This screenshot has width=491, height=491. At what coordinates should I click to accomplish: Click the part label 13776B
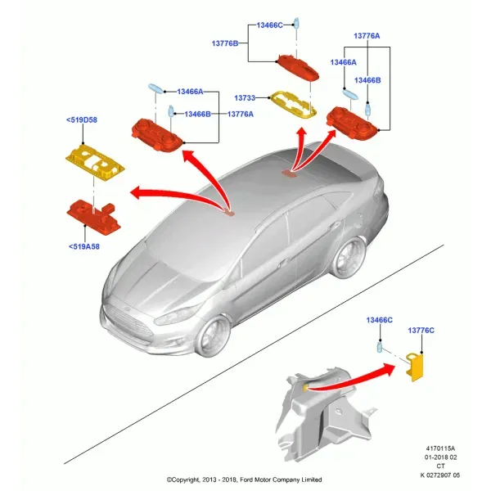click(225, 43)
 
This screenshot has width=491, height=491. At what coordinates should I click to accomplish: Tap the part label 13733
click(245, 98)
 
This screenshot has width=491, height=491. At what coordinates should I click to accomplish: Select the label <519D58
click(82, 120)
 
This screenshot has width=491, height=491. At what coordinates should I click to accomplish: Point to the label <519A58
click(84, 247)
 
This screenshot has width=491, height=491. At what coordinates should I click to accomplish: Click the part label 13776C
click(421, 331)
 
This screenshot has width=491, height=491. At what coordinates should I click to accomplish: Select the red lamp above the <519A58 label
click(94, 216)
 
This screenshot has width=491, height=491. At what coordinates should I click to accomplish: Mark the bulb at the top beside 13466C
click(296, 23)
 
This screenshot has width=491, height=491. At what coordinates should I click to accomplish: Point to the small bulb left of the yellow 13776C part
click(380, 348)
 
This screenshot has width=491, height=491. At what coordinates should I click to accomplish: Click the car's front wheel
click(213, 336)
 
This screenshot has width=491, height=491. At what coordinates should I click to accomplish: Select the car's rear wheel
click(349, 258)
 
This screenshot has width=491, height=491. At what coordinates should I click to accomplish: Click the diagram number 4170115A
click(440, 448)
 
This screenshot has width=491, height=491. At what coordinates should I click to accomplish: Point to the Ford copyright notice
click(244, 480)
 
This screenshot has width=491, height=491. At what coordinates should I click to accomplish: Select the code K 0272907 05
click(440, 475)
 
